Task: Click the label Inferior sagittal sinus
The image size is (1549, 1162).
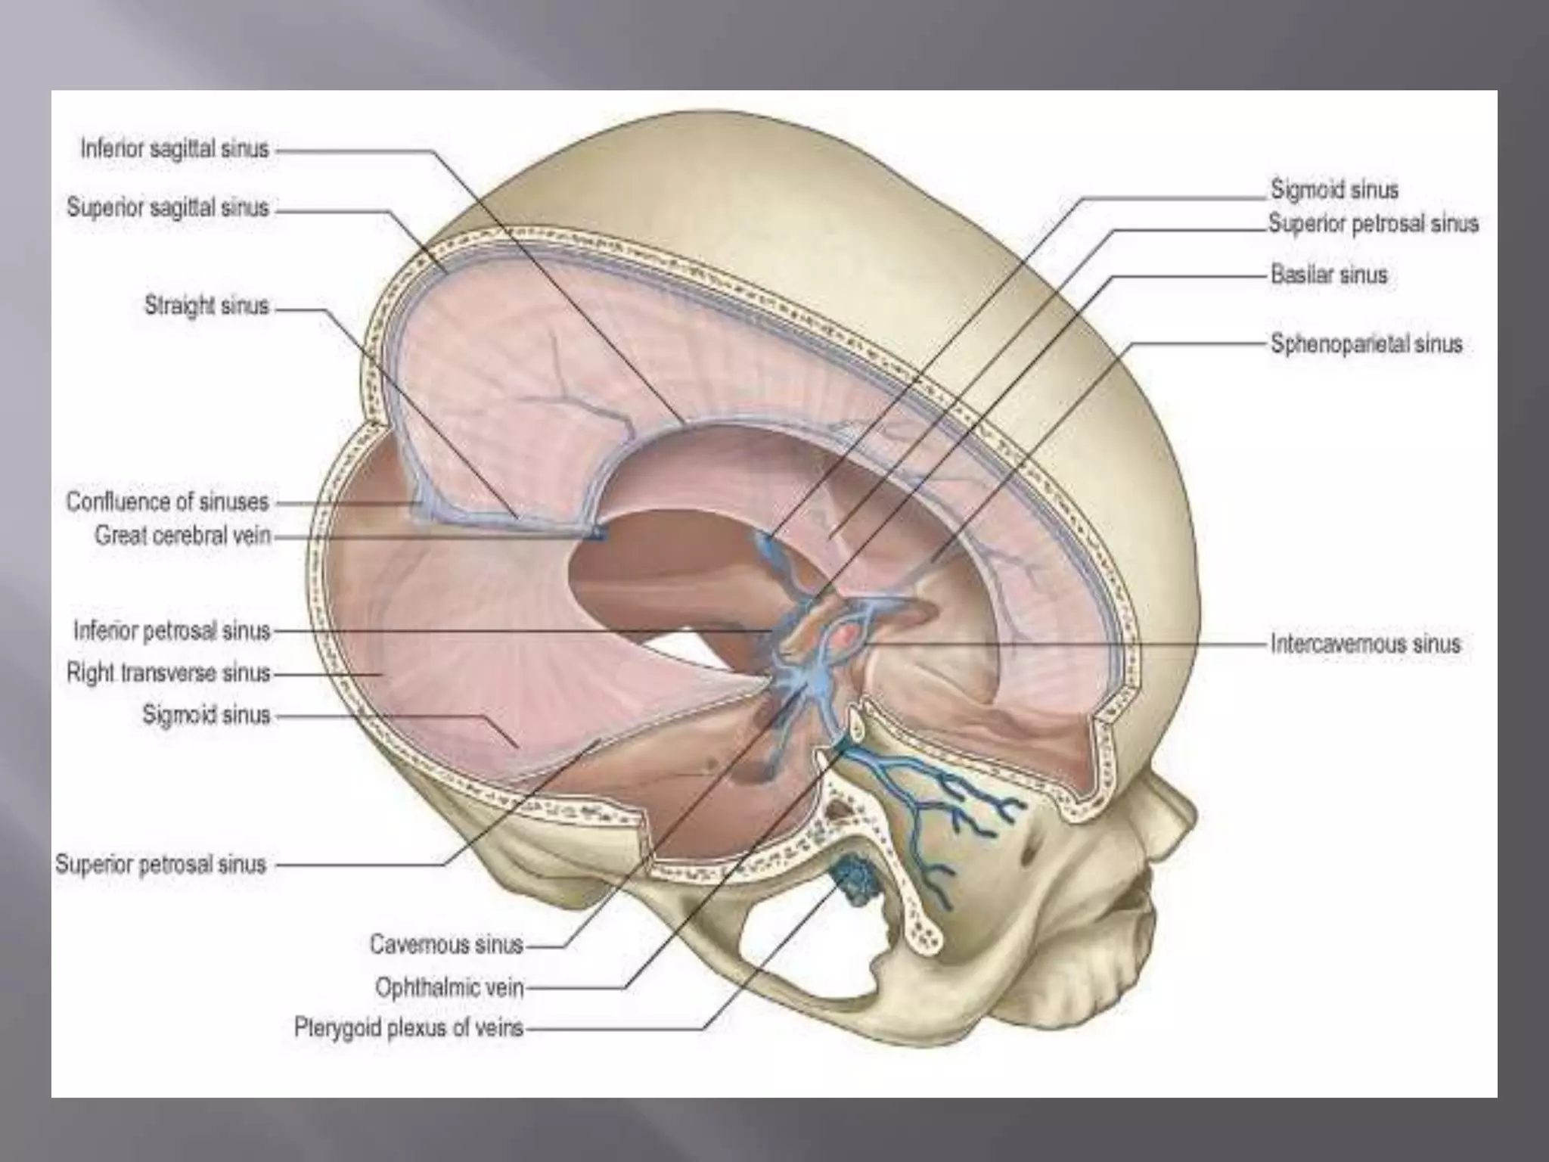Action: [x=175, y=149]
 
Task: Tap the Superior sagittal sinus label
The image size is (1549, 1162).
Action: [x=168, y=207]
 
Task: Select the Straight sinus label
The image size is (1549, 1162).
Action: [x=206, y=306]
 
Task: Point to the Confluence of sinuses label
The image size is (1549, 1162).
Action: [x=167, y=502]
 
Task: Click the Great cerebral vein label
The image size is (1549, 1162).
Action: [x=182, y=536]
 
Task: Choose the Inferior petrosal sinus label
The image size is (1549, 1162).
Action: [x=172, y=631]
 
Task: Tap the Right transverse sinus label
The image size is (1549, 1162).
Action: [x=168, y=673]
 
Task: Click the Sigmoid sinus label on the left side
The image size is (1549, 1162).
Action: [x=206, y=714]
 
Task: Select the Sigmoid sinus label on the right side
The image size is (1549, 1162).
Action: [x=1334, y=189]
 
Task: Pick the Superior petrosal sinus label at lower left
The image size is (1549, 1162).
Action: [x=160, y=864]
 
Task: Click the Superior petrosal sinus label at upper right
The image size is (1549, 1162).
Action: [x=1374, y=224]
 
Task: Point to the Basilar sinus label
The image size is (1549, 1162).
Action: [x=1329, y=274]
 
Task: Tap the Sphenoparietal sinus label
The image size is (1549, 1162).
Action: [x=1366, y=344]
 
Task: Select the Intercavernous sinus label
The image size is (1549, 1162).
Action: [x=1365, y=645]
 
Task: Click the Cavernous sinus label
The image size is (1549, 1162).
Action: [x=446, y=944]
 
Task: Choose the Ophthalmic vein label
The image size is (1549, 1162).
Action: [x=449, y=987]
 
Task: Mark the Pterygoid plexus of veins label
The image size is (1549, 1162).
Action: [x=408, y=1029]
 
